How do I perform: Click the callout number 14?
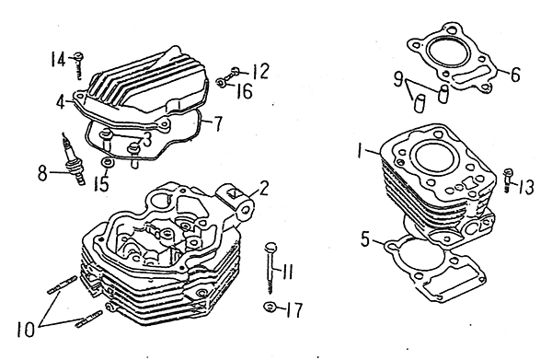tap(58, 59)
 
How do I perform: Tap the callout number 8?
tap(42, 173)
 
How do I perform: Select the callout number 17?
tap(294, 310)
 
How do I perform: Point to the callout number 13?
tap(525, 187)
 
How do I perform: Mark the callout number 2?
tap(263, 189)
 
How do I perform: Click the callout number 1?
tap(359, 150)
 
